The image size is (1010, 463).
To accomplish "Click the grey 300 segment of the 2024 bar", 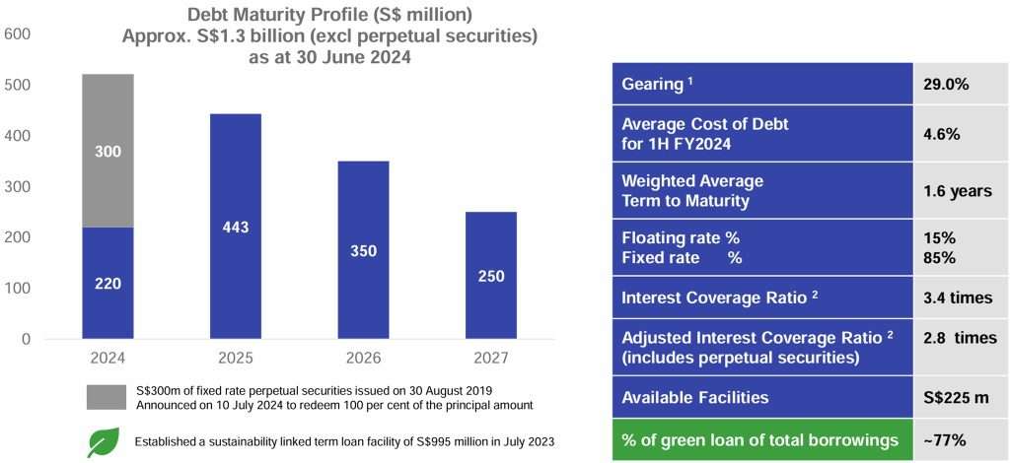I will click(x=108, y=151).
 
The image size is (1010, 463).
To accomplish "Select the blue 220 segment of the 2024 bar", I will click(x=108, y=283).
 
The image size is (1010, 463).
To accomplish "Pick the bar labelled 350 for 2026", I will click(x=363, y=250).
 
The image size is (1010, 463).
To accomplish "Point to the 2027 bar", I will click(x=490, y=275).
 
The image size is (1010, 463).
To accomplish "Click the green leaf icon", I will click(x=103, y=441).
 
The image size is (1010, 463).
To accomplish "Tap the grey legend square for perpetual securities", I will click(x=106, y=398).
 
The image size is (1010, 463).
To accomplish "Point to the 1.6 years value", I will click(x=958, y=190).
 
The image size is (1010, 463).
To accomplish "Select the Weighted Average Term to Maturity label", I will click(x=692, y=190).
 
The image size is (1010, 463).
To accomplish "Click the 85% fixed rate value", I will click(x=939, y=257).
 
